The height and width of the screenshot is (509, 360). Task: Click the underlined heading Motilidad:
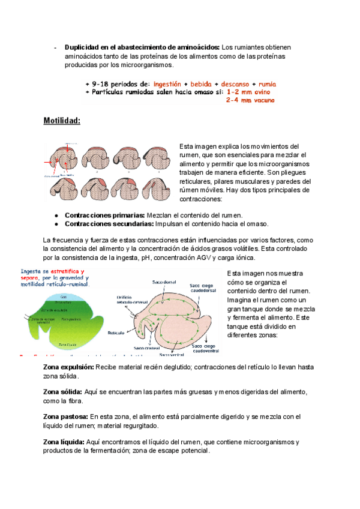click(62, 121)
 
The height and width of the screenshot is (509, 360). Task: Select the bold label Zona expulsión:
click(69, 367)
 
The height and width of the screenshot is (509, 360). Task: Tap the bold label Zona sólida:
click(63, 391)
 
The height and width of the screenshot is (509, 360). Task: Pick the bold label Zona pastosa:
click(65, 416)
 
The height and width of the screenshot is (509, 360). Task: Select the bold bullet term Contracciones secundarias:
click(109, 224)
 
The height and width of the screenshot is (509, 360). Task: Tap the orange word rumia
click(267, 83)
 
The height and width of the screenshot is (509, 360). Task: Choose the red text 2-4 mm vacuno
click(250, 101)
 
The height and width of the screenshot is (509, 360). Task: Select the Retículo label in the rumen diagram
click(116, 331)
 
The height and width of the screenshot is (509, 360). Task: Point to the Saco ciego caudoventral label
click(205, 349)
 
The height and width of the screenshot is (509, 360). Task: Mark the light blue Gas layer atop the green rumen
click(59, 296)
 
